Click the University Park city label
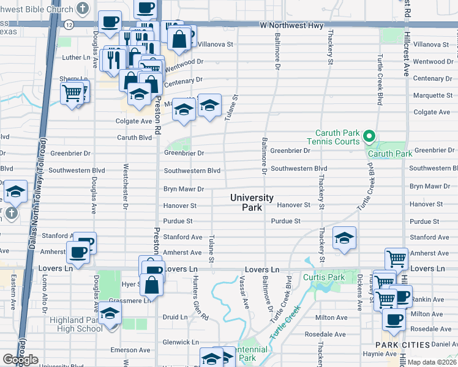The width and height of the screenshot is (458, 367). (252, 202)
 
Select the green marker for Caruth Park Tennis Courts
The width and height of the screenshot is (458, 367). (369, 136)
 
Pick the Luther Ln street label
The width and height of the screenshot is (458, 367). (77, 57)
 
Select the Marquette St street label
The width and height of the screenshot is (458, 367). (433, 95)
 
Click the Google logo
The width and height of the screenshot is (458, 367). (20, 360)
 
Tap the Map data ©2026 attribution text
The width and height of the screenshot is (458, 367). (432, 362)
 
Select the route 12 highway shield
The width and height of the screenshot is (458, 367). (68, 24)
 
